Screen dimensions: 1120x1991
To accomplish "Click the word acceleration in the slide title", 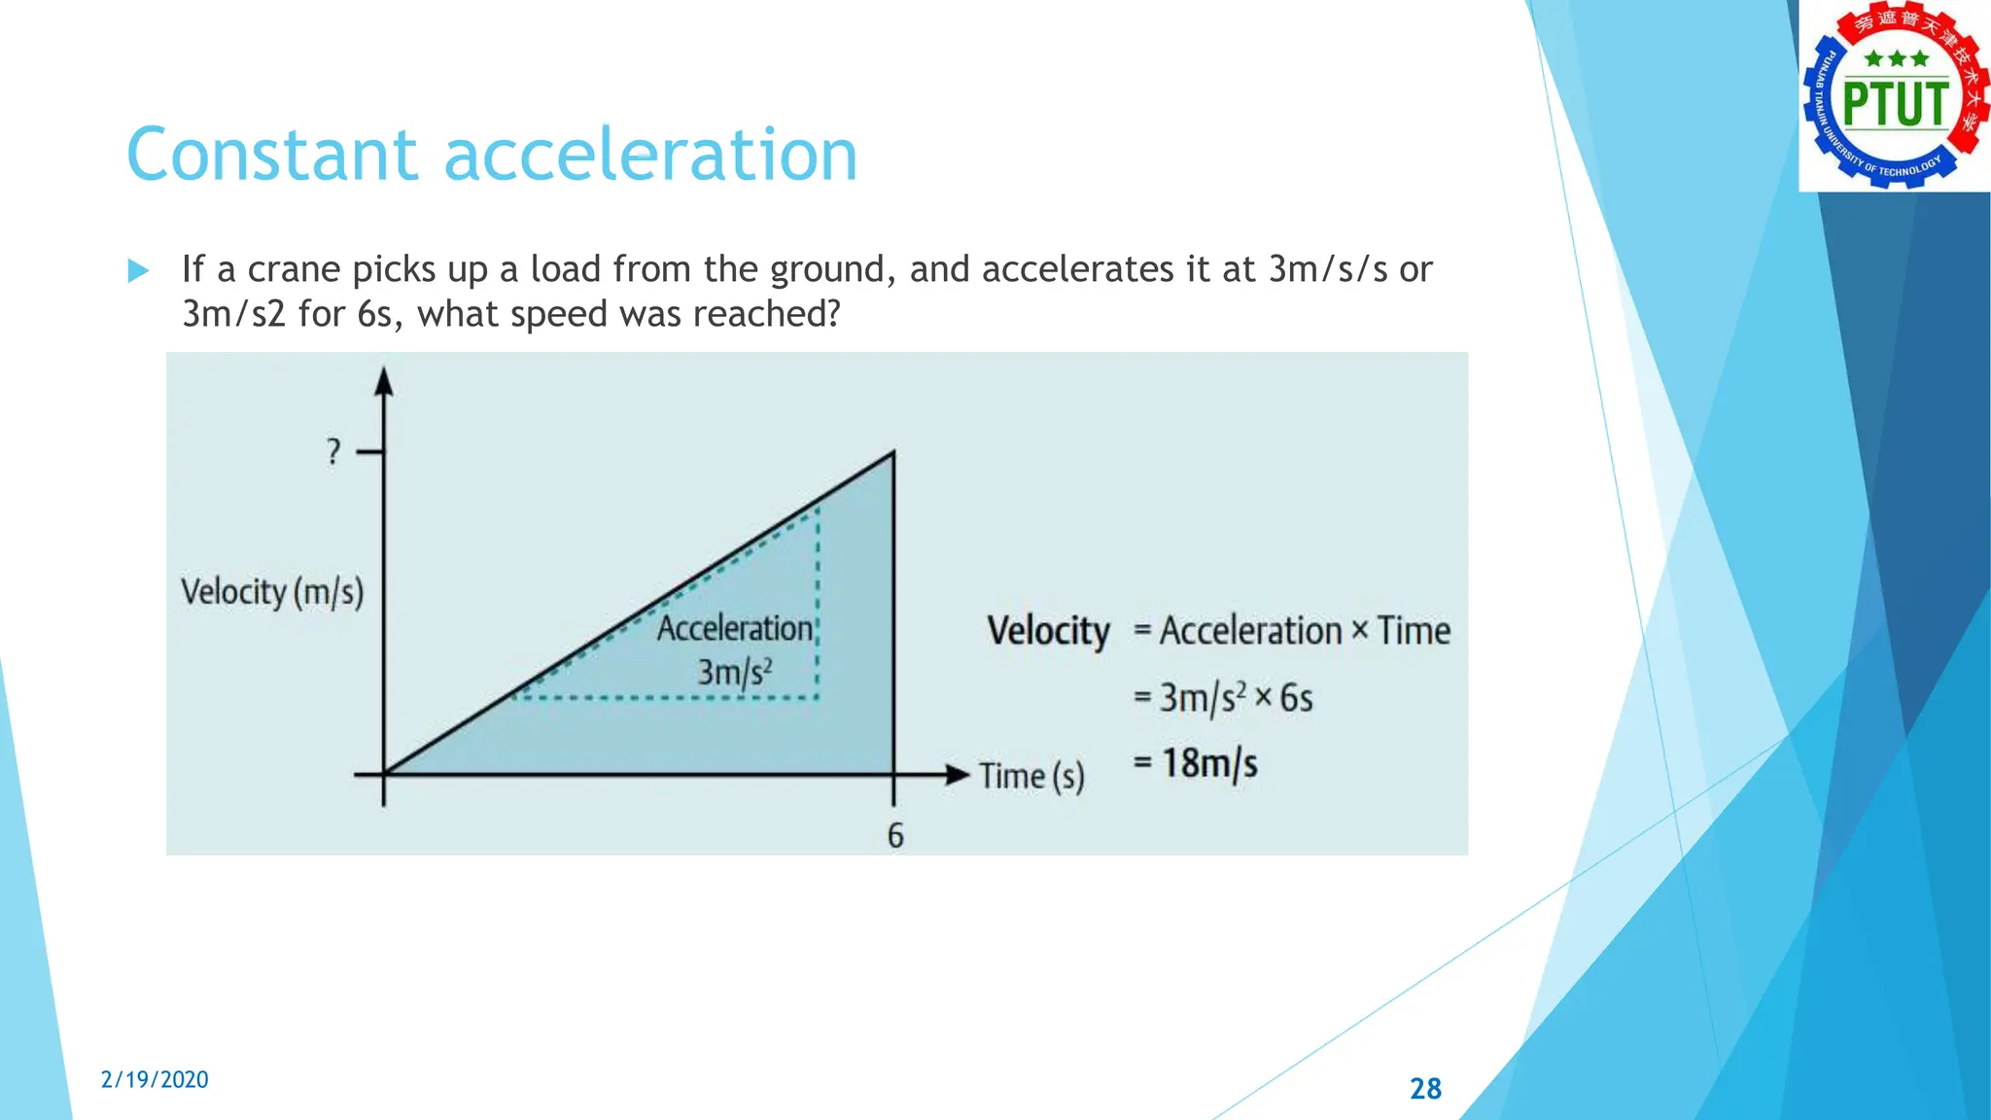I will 650,156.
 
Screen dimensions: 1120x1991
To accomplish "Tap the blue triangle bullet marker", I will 138,270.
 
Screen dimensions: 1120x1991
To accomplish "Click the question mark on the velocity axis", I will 333,451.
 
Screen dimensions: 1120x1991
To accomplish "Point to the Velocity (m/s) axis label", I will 272,591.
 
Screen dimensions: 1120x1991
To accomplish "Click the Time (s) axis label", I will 1031,776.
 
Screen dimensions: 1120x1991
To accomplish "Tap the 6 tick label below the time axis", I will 895,835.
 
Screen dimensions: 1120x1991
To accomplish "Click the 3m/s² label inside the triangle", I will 735,672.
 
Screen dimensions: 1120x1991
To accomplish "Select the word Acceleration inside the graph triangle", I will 735,628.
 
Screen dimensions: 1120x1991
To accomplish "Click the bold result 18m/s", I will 1209,763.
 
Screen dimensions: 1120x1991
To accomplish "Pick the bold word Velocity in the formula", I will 1048,631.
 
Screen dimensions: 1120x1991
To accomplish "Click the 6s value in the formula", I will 1296,698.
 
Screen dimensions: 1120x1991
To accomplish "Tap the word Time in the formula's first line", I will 1414,631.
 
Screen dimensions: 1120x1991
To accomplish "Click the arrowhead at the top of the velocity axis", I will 384,381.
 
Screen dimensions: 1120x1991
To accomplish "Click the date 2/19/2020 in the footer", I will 155,1079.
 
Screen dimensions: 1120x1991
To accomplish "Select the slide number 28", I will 1425,1088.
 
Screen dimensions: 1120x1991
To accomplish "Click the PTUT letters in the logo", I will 1895,105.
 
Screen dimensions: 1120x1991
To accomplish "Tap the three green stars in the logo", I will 1896,58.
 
